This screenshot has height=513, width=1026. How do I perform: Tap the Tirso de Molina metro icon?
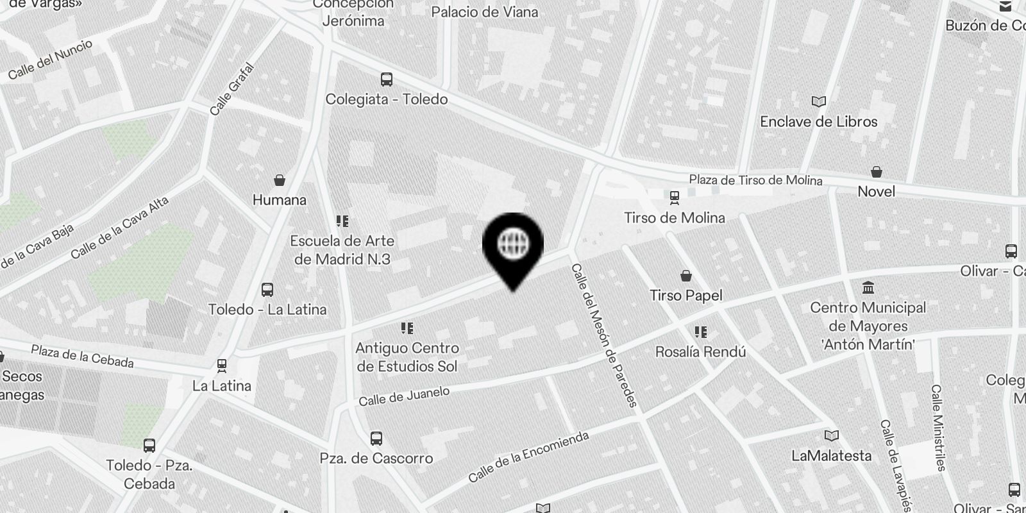tap(674, 197)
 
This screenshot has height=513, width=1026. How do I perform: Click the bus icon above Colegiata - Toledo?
tap(386, 80)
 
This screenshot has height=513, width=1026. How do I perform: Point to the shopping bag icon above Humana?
tap(279, 180)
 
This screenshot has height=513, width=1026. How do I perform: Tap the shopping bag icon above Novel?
tap(876, 172)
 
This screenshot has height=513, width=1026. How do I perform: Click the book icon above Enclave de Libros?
tap(818, 101)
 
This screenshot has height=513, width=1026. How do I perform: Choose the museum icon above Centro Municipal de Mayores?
tap(868, 287)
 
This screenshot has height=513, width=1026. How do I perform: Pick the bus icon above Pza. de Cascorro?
tap(376, 439)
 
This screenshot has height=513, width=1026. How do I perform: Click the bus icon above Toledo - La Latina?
tap(267, 290)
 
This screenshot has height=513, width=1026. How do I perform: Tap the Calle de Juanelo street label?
tap(404, 396)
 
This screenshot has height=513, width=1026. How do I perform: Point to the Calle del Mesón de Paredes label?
tap(604, 335)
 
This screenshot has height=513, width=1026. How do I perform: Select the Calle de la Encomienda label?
tap(528, 457)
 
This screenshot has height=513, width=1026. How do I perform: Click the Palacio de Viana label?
tap(485, 12)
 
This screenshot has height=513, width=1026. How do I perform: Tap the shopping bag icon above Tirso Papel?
tap(686, 276)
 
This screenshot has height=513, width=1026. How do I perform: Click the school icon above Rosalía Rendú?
tap(700, 332)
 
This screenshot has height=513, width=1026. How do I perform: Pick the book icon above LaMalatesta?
tap(832, 436)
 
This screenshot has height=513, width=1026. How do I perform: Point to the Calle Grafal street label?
tap(232, 89)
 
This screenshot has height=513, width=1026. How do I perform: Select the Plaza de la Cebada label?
tap(82, 357)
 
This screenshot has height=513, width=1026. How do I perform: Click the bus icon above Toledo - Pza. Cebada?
tap(149, 445)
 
